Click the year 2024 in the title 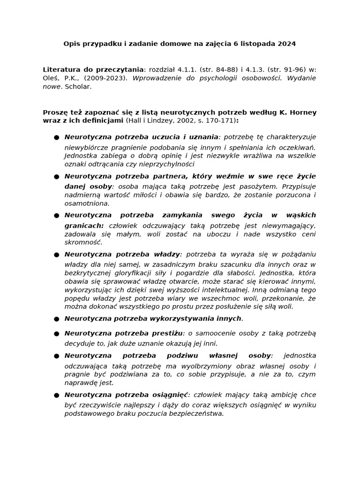(286, 44)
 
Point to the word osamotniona (87, 203)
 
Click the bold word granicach (84, 225)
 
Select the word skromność (83, 242)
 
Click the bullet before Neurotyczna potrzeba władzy (56, 255)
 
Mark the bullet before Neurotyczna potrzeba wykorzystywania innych (56, 319)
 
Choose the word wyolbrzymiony (217, 366)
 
